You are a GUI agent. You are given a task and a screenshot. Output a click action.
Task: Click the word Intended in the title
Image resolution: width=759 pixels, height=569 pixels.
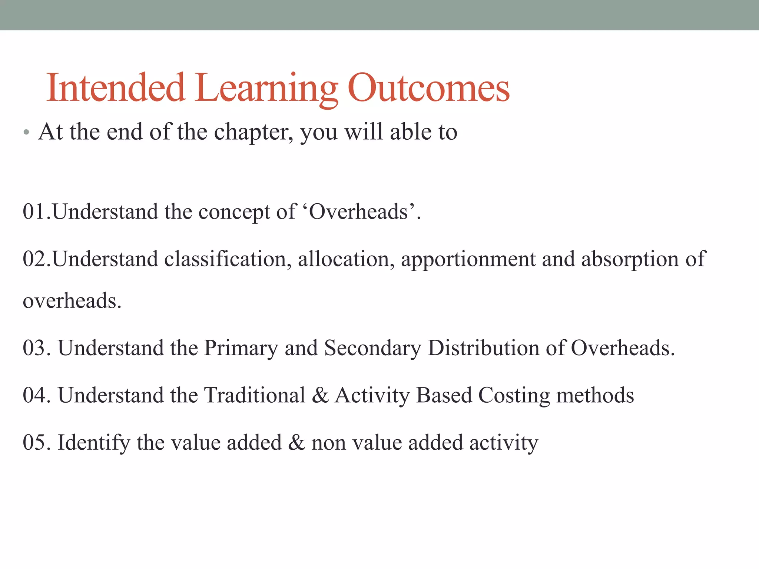tap(115, 88)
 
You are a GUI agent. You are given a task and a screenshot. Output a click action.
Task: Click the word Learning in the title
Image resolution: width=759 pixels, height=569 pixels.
tap(266, 89)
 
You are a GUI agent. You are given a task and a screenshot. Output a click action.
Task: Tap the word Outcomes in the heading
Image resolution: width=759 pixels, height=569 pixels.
tap(428, 88)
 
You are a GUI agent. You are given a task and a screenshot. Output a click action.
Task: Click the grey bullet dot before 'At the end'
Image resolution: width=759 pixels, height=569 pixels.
tap(26, 132)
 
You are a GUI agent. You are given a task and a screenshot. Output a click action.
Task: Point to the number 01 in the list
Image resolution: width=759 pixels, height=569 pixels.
tap(34, 212)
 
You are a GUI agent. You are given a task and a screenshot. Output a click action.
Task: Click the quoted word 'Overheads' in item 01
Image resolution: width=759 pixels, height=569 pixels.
tap(358, 212)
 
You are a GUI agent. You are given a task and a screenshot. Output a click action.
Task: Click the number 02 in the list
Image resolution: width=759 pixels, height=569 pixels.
tap(34, 259)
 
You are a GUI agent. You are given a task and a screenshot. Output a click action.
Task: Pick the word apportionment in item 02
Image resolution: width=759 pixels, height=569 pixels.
tap(468, 259)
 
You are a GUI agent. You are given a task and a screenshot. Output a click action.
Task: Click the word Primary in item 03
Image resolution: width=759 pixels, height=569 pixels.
tap(241, 348)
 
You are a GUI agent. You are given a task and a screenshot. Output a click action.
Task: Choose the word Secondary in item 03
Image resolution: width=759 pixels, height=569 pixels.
tap(372, 348)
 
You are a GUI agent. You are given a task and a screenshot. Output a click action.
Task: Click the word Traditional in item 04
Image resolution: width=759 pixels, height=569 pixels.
tap(255, 395)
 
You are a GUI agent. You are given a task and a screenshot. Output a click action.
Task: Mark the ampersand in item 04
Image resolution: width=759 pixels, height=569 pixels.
tap(320, 395)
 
